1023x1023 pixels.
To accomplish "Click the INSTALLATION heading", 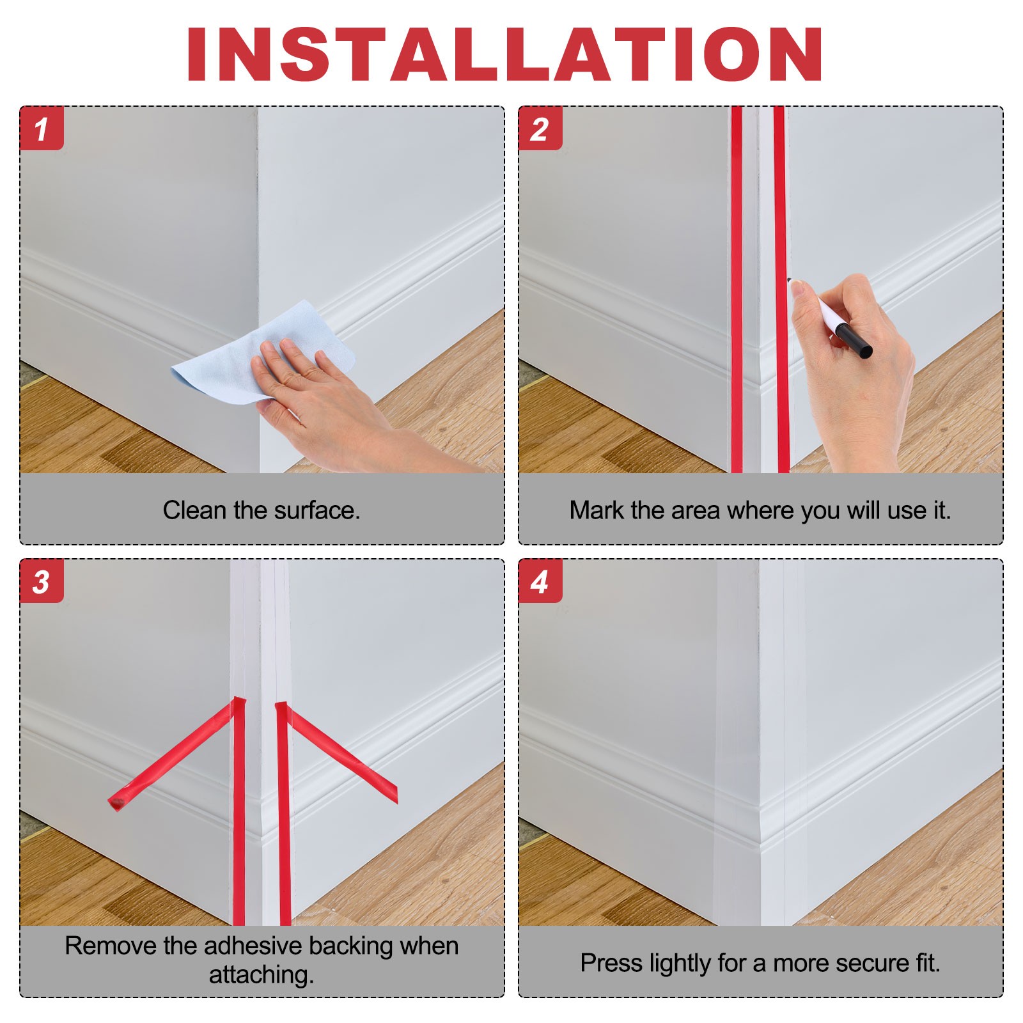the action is [504, 54].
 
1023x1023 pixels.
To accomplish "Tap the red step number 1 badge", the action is [42, 129].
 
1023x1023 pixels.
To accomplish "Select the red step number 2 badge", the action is [540, 129].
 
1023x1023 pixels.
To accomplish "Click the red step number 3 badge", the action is [42, 581].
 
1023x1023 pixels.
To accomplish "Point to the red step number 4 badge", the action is [540, 581].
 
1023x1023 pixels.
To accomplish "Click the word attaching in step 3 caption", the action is [262, 975].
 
